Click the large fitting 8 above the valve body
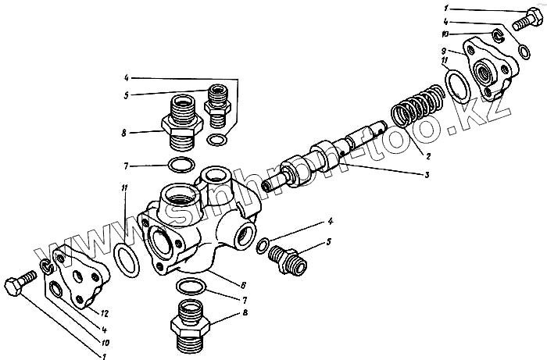tap(182, 121)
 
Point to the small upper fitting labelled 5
tap(218, 104)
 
